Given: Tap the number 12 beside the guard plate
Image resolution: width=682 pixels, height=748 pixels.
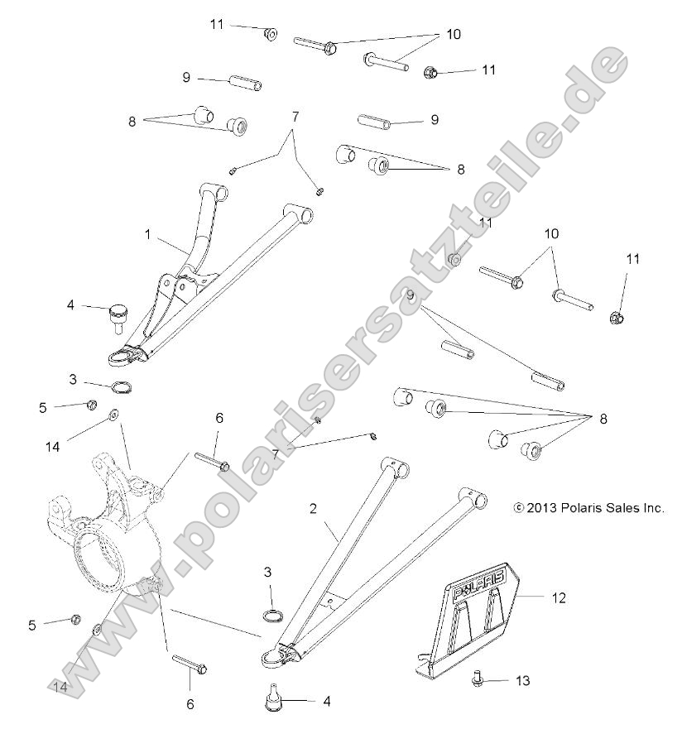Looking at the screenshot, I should [x=559, y=597].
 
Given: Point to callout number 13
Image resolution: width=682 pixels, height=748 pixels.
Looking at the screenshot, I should [x=522, y=681].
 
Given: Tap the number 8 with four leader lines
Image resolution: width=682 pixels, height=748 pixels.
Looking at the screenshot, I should [x=603, y=419].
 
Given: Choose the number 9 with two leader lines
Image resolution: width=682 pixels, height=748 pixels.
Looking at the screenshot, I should [x=409, y=295].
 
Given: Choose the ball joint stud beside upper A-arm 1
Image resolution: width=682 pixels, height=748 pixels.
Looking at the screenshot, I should [x=116, y=314].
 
